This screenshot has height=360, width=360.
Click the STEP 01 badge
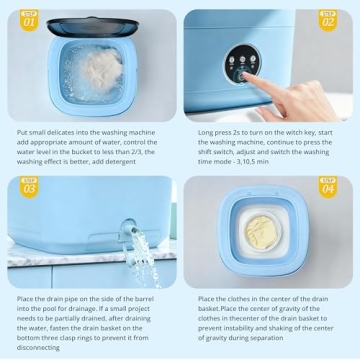click(30, 19)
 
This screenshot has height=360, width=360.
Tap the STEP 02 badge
click(328, 19)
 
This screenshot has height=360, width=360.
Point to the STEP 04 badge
click(328, 186)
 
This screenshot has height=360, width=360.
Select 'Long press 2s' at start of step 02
click(220, 129)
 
